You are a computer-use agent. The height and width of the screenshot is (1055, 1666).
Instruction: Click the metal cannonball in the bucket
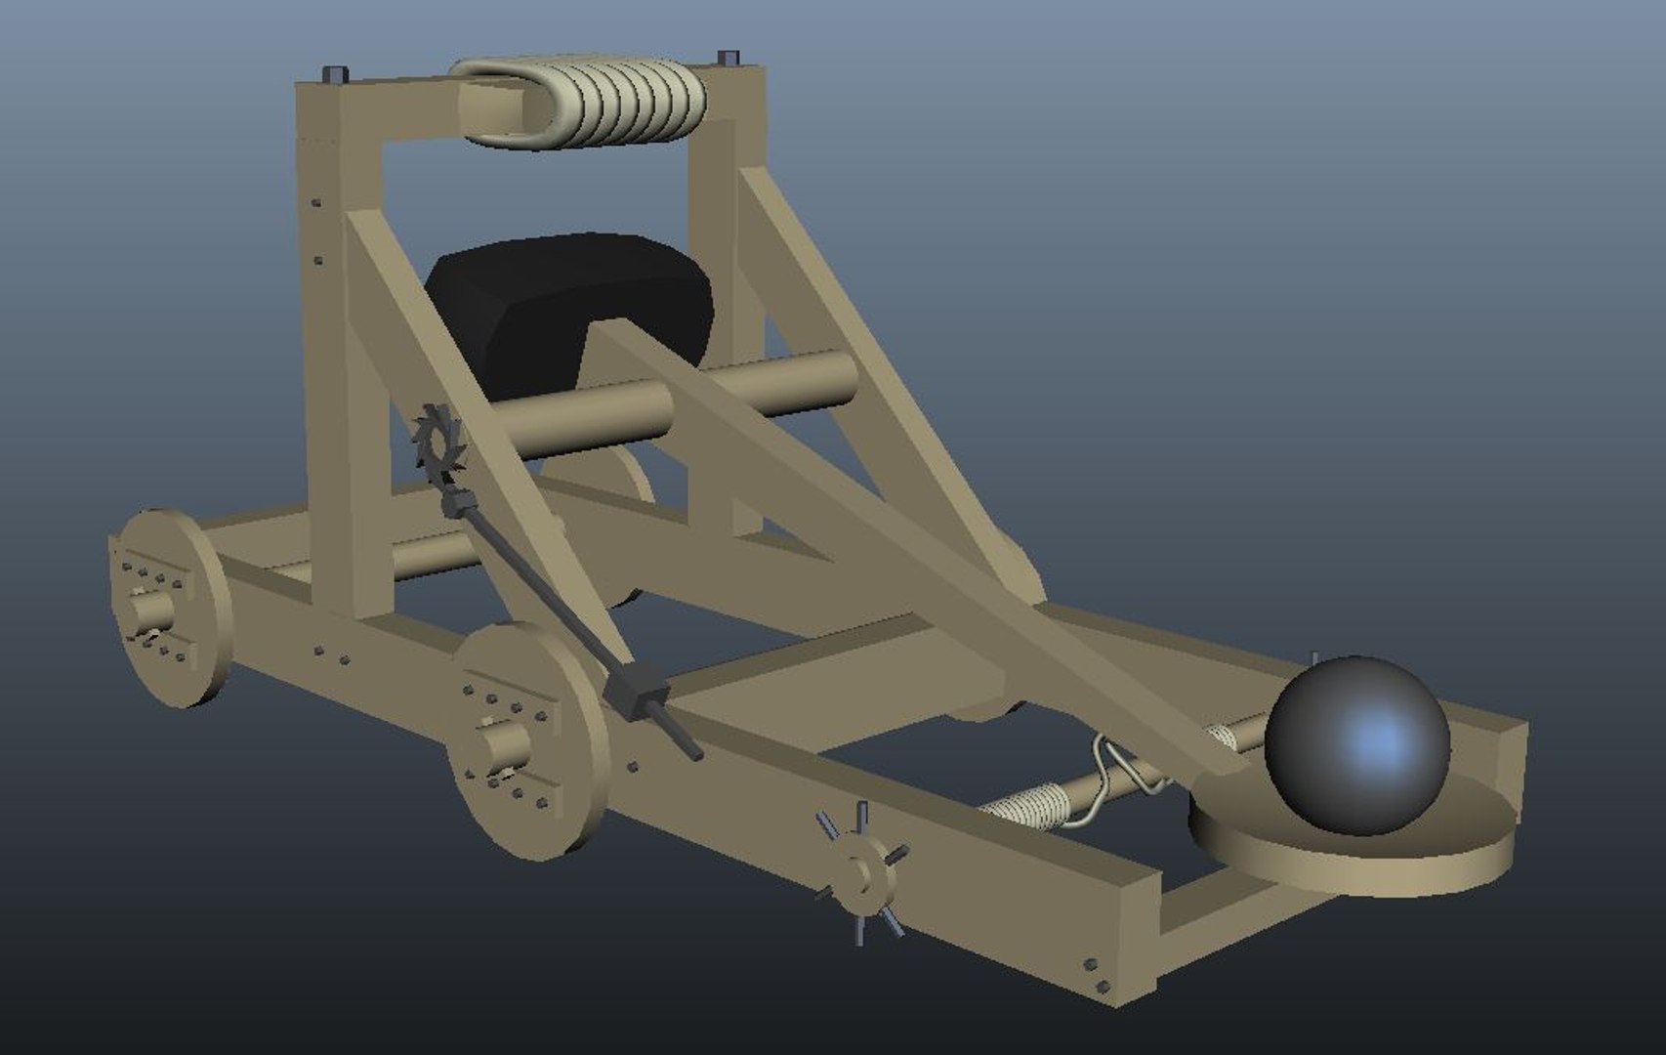1358,744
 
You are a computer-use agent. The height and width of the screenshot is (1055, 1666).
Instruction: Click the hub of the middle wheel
503,745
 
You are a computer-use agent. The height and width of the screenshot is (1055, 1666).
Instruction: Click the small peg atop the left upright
334,74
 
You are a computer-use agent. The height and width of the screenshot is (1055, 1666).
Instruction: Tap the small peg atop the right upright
727,58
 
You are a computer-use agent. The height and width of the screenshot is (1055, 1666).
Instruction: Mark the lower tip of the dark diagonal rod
695,753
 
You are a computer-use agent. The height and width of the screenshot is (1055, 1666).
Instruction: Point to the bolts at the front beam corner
1096,976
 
